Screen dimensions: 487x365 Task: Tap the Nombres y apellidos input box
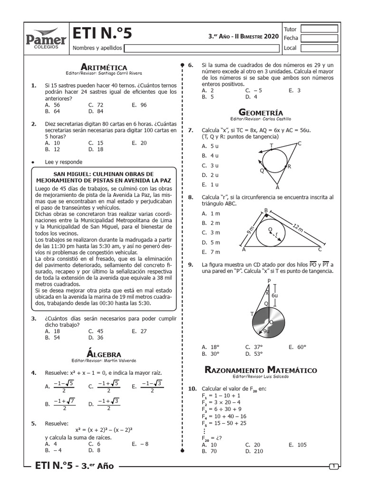[x=202, y=48]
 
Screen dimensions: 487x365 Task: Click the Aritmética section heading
[x=104, y=67]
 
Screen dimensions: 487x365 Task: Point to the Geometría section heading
[x=260, y=112]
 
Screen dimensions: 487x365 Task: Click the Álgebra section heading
[x=104, y=354]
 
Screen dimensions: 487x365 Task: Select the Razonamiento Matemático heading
[x=260, y=370]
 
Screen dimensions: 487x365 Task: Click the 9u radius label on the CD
[x=266, y=331]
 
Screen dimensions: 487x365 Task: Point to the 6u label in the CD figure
[x=274, y=295]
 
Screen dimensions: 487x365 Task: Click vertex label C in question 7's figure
[x=299, y=144]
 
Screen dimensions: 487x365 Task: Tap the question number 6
[x=190, y=65]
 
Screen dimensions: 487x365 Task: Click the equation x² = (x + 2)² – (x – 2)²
[x=102, y=430]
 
